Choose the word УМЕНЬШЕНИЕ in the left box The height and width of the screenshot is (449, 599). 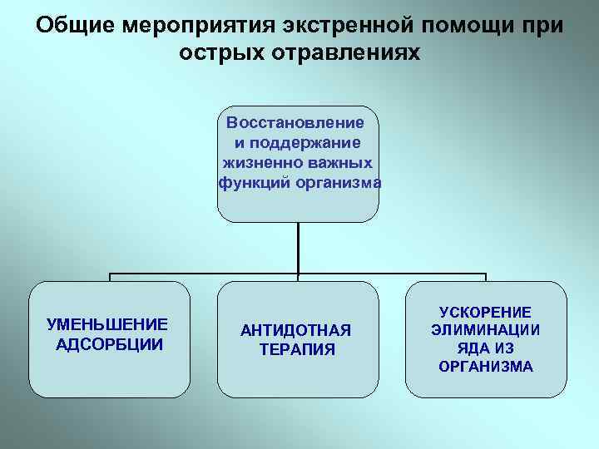[107, 324]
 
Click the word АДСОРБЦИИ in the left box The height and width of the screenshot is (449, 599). [108, 344]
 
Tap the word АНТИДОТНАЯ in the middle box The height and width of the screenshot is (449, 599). [296, 330]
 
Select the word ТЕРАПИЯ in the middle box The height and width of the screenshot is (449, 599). [297, 350]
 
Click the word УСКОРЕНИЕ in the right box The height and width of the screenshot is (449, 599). [486, 312]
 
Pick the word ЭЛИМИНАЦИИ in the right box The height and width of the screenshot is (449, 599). [486, 330]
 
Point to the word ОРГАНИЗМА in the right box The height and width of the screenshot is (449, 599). [486, 367]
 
